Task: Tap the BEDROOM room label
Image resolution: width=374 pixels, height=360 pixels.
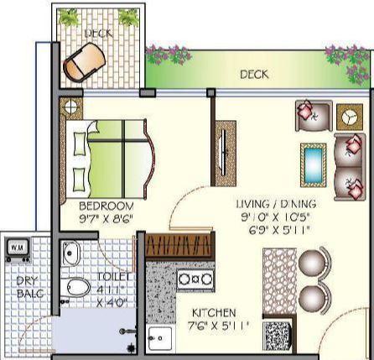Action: (x=106, y=206)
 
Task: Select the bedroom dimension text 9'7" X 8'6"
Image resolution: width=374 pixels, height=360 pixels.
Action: (x=106, y=219)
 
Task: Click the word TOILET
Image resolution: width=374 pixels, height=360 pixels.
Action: (x=115, y=276)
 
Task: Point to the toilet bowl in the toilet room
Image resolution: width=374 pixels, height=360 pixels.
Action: (x=77, y=288)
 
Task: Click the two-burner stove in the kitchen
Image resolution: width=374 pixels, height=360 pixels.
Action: (x=196, y=278)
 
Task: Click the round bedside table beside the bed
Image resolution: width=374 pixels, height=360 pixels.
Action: (x=70, y=107)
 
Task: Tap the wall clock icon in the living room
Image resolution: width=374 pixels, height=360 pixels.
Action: (x=346, y=117)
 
